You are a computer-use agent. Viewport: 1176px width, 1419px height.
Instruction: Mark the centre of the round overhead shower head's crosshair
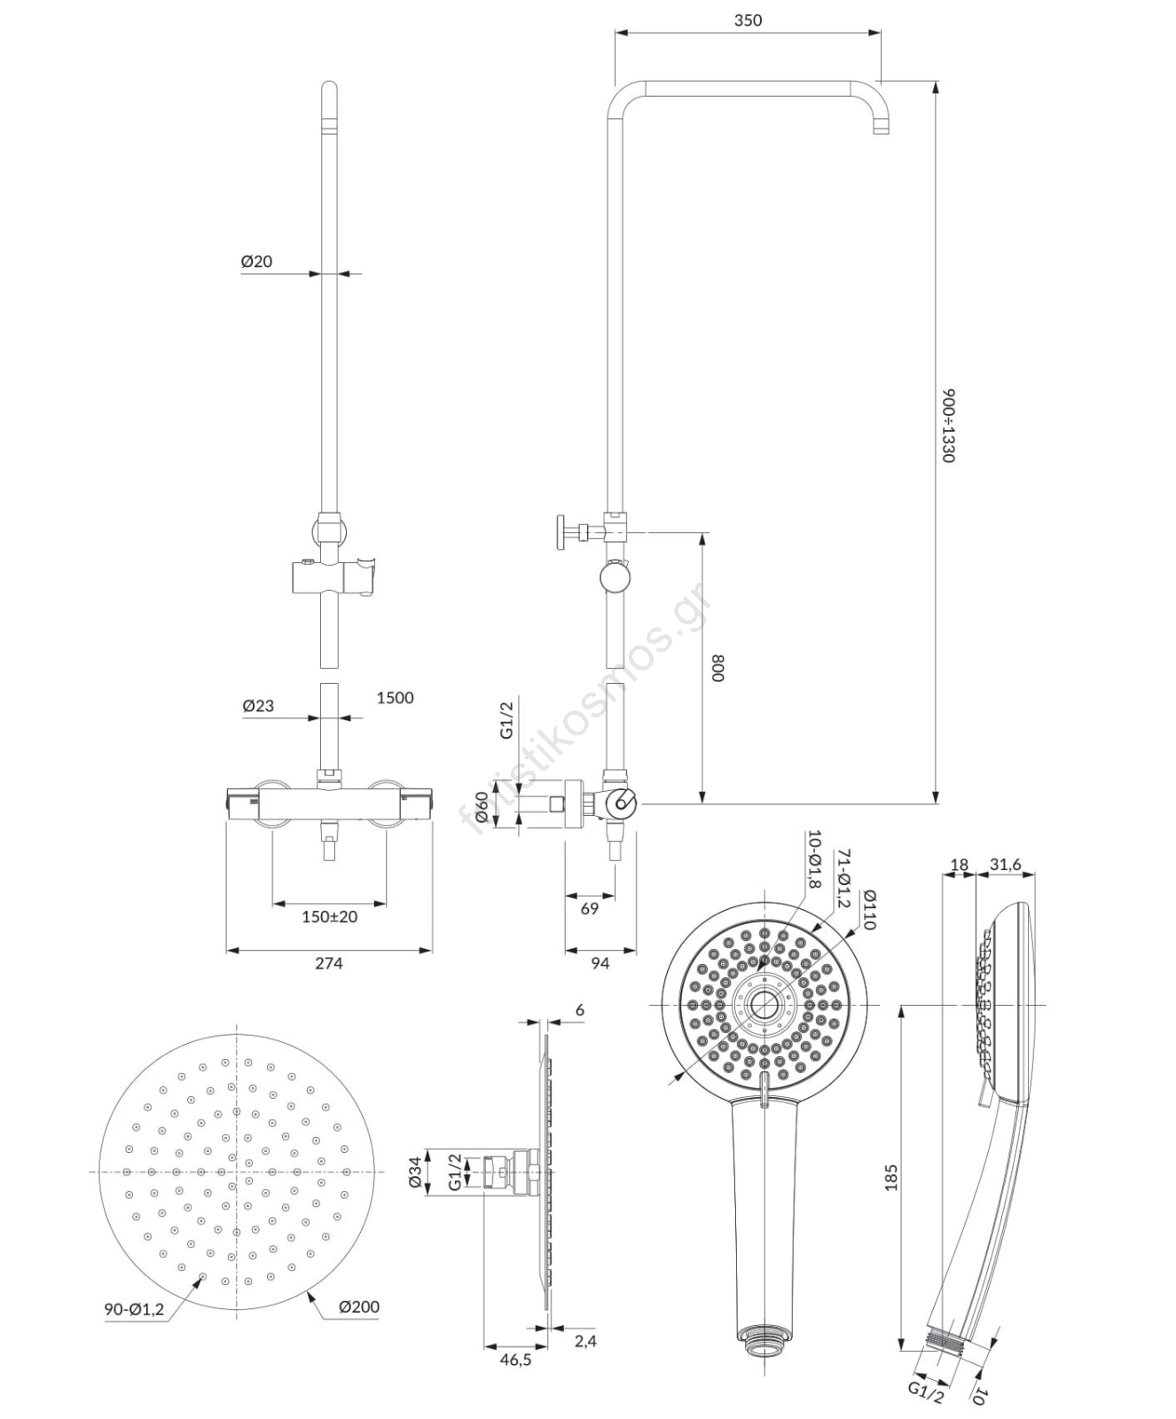click(237, 1172)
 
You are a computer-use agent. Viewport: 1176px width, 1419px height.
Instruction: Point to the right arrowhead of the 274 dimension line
click(425, 951)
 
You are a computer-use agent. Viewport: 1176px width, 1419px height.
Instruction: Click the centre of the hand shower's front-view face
click(763, 1004)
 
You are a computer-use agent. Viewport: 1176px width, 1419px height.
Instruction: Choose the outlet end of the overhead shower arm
click(881, 129)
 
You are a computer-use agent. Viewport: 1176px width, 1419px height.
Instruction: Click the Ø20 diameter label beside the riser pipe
click(256, 262)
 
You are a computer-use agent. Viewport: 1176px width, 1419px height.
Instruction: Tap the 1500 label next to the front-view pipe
click(395, 698)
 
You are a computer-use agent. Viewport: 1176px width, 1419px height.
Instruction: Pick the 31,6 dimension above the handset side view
click(1005, 865)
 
